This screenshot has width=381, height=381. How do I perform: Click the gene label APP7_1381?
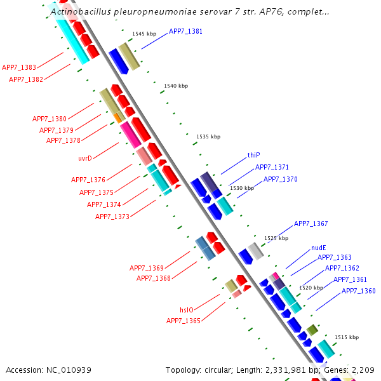pos(185,31)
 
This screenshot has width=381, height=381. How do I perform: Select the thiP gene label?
pos(254,155)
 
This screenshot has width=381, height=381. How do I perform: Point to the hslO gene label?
pos(187,310)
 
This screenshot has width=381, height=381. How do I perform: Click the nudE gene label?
pos(319,248)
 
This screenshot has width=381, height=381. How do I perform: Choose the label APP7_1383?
pos(19,67)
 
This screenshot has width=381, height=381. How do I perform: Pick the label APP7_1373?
pos(112,217)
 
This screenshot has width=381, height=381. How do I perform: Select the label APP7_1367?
pos(311,224)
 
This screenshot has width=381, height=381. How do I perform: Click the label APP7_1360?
pos(359,291)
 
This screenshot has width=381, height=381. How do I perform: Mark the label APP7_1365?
pos(184,321)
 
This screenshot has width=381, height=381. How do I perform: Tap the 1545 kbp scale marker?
pos(144,34)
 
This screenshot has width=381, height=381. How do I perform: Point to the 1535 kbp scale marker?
pos(208,137)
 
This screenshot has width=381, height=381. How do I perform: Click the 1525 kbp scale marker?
pos(276,238)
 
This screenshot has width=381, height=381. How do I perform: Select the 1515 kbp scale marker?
pos(346,337)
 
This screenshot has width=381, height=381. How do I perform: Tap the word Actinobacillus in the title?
pos(80,11)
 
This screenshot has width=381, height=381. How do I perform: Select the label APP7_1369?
pos(147,268)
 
